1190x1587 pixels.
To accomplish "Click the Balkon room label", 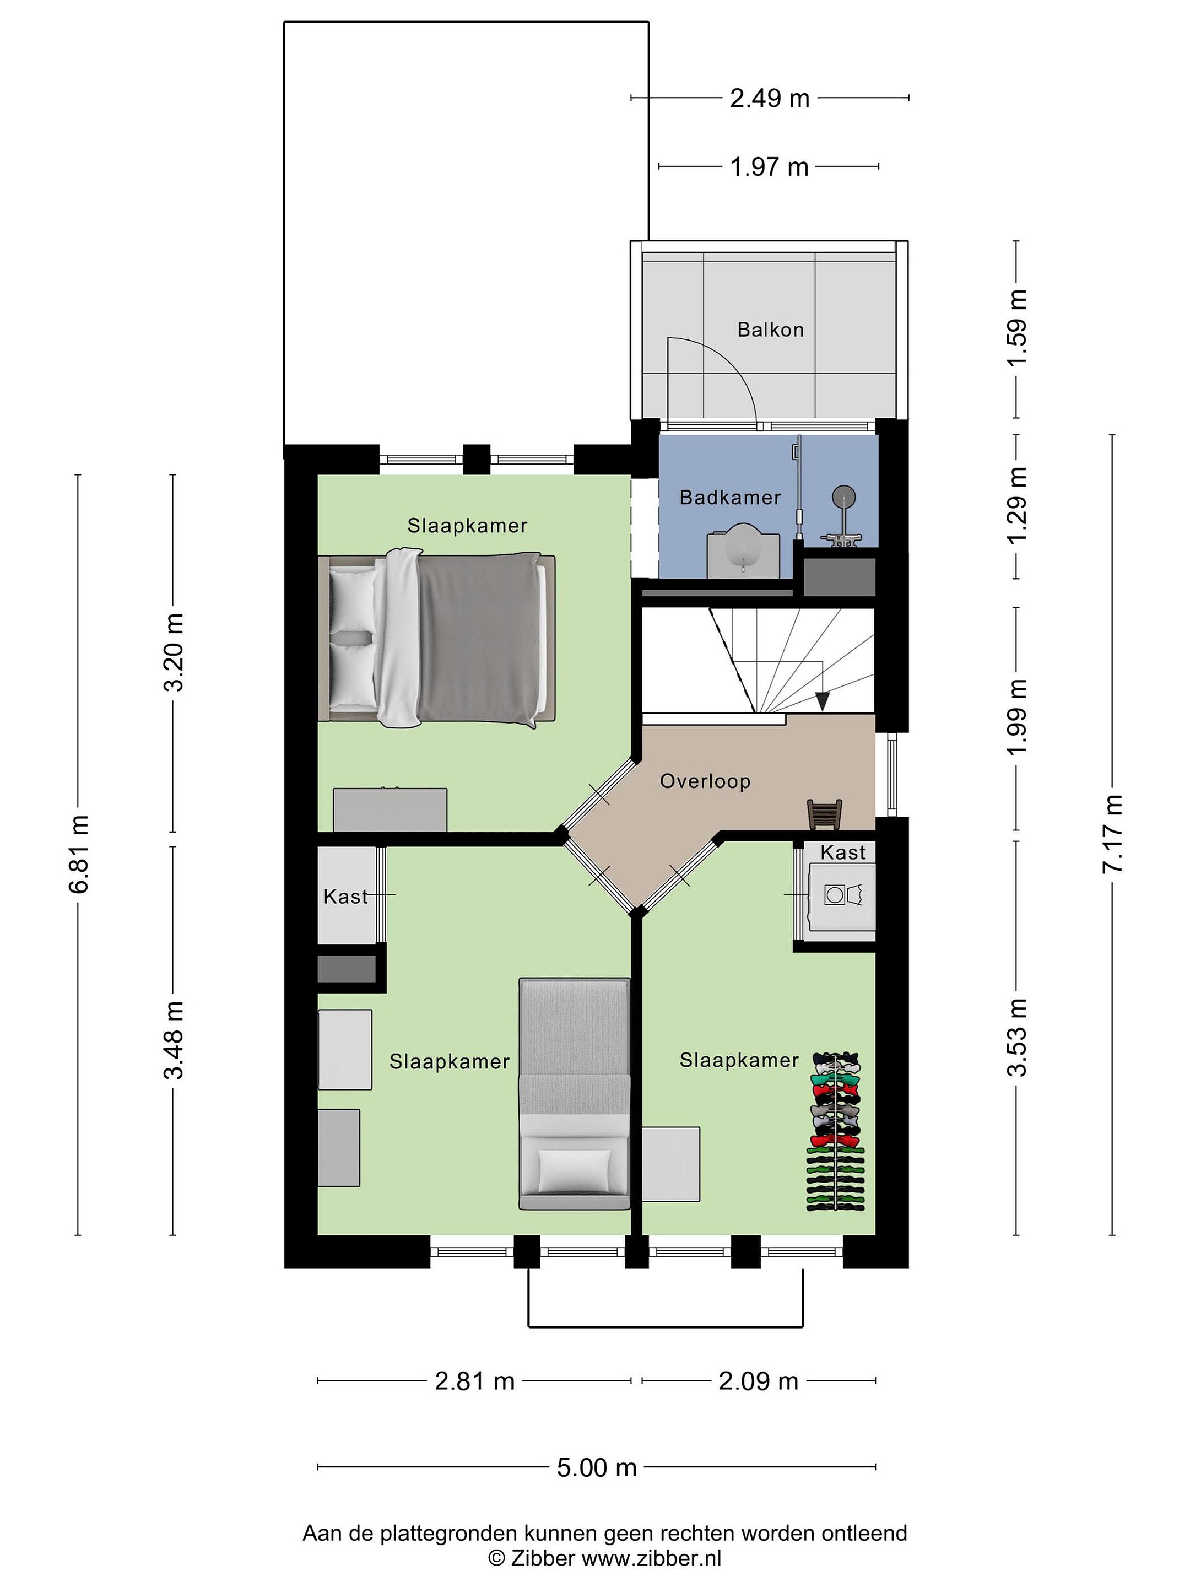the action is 770,330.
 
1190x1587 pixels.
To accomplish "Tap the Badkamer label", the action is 730,497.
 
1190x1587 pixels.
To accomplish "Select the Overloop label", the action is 705,781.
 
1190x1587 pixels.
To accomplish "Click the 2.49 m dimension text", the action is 770,98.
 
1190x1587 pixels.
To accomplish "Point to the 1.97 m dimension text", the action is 770,167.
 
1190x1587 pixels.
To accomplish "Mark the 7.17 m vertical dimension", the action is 1112,834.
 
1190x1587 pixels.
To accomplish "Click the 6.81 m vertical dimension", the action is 78,854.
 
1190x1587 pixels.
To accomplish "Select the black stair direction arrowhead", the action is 822,701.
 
